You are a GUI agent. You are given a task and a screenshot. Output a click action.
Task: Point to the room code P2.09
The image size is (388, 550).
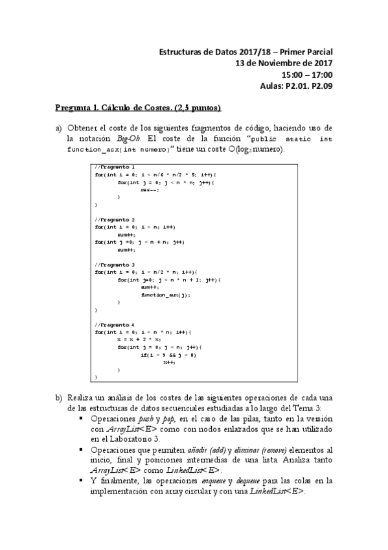coord(320,86)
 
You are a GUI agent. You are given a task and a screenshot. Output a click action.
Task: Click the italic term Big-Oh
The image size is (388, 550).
coord(130,138)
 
